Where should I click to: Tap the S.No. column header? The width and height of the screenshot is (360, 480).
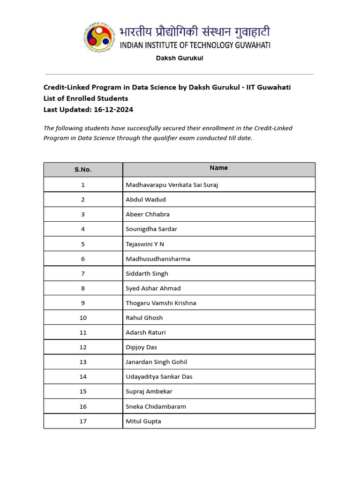coord(83,170)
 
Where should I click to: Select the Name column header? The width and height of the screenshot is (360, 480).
coord(219,168)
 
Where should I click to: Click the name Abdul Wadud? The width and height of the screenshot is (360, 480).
coord(146,199)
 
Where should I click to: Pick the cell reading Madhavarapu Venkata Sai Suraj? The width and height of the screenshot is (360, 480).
coord(172,185)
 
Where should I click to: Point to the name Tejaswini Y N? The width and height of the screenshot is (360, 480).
coord(145,244)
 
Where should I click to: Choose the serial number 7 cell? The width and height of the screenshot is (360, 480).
coord(83,273)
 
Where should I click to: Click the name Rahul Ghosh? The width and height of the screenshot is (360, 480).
coord(144,317)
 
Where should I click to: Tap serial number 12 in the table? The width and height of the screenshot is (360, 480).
coord(83,347)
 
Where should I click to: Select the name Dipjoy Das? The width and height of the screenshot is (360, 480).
coord(142,347)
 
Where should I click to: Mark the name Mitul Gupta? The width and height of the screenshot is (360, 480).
coord(143,421)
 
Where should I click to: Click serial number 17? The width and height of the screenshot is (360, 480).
coord(83,421)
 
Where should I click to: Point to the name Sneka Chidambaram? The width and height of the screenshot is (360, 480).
coord(156,406)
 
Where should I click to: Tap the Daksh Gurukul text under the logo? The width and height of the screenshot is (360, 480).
coord(180,58)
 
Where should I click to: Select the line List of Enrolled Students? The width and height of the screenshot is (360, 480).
coord(86,98)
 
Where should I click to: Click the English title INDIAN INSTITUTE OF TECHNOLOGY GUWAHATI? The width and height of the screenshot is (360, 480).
coord(195,45)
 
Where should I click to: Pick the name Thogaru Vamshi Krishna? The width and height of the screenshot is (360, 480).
coord(161,303)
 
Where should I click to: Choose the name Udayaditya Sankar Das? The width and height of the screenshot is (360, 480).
coord(159,376)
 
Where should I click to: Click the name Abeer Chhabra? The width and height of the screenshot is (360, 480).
coord(148,214)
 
